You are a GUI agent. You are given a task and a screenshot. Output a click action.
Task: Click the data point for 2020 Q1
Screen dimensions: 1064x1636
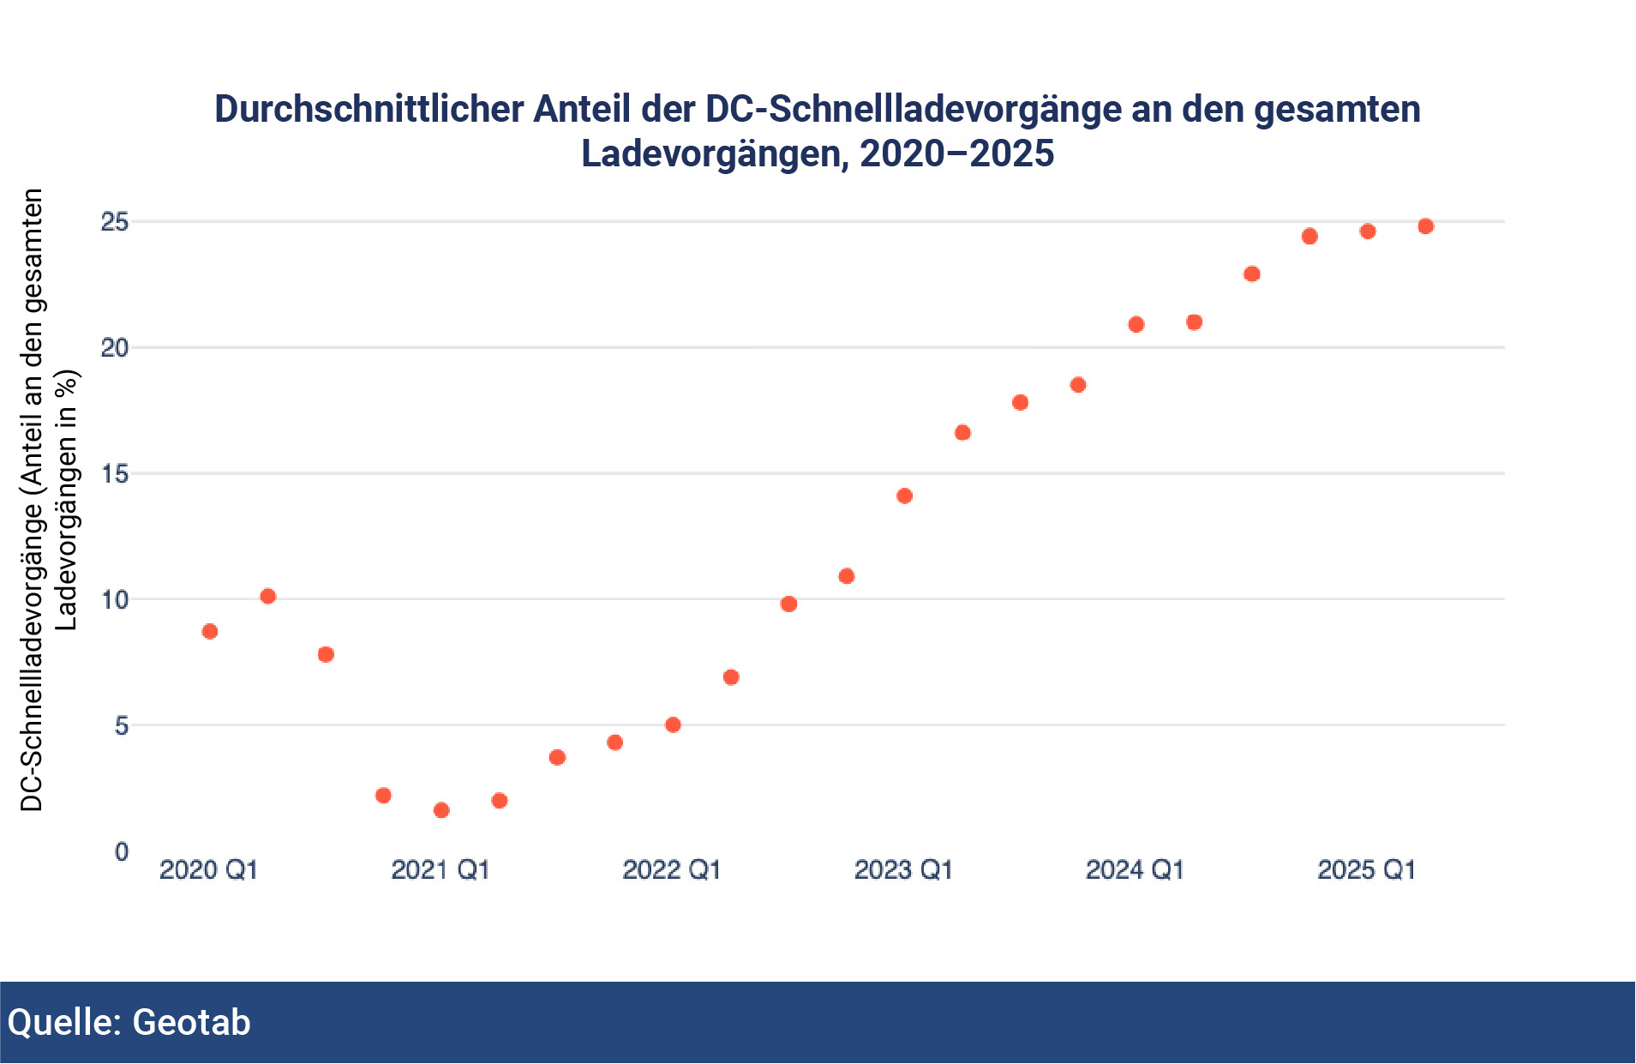coord(210,632)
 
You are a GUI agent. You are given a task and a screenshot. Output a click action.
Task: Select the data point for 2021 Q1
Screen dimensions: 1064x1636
coord(441,810)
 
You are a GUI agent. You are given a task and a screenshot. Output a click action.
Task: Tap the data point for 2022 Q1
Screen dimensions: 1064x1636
coord(673,724)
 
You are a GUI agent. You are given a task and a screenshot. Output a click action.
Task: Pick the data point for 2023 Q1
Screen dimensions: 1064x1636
coord(904,496)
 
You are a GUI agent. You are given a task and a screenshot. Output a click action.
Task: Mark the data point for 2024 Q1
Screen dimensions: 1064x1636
coord(1136,324)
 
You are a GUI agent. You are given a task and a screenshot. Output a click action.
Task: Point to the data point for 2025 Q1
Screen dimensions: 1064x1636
coord(1368,231)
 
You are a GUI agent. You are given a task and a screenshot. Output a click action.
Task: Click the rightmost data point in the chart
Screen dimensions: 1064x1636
coord(1426,226)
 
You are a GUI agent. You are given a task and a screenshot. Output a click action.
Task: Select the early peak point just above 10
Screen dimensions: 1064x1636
coord(268,596)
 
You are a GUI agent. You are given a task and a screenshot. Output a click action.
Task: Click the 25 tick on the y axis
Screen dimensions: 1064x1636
coord(115,222)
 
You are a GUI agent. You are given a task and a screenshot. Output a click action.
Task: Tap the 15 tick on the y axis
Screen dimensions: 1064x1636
coord(115,473)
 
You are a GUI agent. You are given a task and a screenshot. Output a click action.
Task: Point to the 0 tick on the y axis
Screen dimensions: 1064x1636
coord(121,851)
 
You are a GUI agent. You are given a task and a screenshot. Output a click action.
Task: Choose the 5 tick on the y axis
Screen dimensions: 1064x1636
coord(121,725)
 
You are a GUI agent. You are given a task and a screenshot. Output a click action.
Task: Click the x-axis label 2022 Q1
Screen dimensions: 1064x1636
coord(672,870)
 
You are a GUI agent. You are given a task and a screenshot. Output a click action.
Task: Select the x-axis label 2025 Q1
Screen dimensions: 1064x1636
coord(1366,870)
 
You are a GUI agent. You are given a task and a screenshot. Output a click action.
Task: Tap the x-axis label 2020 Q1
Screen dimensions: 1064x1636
coord(209,870)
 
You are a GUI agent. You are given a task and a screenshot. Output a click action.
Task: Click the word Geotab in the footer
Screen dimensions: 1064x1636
coord(191,1022)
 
